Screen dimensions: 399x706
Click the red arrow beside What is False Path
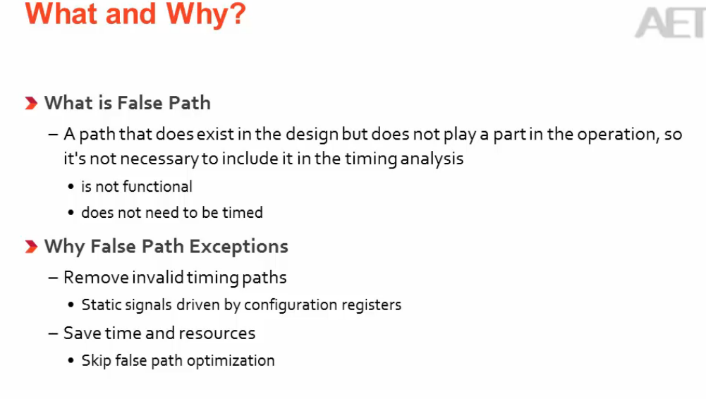pyautogui.click(x=30, y=104)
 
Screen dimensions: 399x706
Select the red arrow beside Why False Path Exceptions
pyautogui.click(x=30, y=247)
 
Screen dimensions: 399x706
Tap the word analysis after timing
pyautogui.click(x=432, y=159)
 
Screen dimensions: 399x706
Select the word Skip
pyautogui.click(x=96, y=361)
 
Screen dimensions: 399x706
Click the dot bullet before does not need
pyautogui.click(x=71, y=213)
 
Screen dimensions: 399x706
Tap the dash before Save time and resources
pyautogui.click(x=54, y=333)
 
